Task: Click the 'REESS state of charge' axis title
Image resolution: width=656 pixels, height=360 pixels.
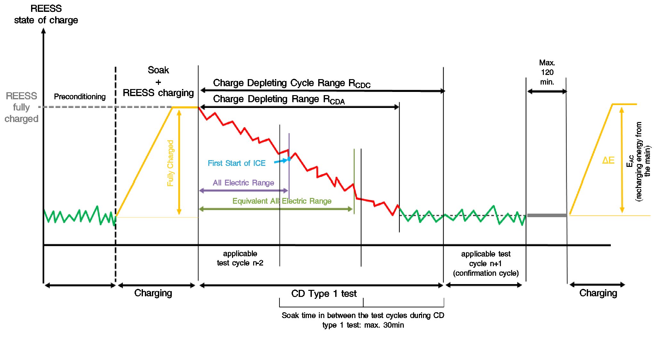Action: [x=46, y=14]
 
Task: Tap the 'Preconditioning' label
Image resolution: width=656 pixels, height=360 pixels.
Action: [x=79, y=97]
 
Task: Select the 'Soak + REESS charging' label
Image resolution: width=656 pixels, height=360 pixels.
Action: [x=158, y=82]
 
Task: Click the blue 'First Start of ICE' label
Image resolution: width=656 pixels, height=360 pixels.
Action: [x=237, y=163]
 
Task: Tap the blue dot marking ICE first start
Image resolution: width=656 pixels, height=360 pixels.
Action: [x=289, y=159]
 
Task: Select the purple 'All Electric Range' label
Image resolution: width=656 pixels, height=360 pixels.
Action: [x=243, y=183]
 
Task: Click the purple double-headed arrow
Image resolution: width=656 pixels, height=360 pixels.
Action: [x=244, y=191]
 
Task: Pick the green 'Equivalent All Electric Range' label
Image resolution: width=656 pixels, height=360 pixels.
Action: [x=282, y=201]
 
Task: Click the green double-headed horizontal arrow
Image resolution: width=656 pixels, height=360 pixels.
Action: [x=276, y=209]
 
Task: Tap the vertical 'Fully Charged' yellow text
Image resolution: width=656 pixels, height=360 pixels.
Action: [x=170, y=163]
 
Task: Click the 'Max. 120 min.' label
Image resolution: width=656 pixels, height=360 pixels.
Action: [x=547, y=72]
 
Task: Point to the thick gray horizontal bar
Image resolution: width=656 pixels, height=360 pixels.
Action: [x=547, y=215]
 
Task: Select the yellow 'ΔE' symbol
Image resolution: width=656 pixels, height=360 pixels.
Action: [x=608, y=160]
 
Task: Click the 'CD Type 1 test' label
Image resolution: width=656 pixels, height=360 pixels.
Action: [x=324, y=294]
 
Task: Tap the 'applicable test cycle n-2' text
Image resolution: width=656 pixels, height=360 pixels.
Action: [x=240, y=258]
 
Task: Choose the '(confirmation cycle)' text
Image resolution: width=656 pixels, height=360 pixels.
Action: [x=486, y=273]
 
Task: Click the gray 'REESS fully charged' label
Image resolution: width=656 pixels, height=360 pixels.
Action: [x=21, y=107]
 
